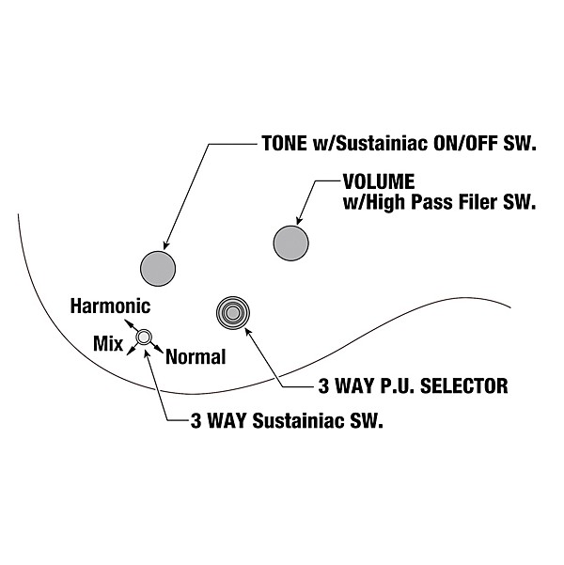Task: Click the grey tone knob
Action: tap(157, 268)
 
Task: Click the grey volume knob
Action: tap(290, 243)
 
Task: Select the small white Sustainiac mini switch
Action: tap(144, 337)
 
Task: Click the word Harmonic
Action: tap(110, 306)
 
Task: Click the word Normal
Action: tap(196, 357)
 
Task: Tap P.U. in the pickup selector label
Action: tap(394, 385)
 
